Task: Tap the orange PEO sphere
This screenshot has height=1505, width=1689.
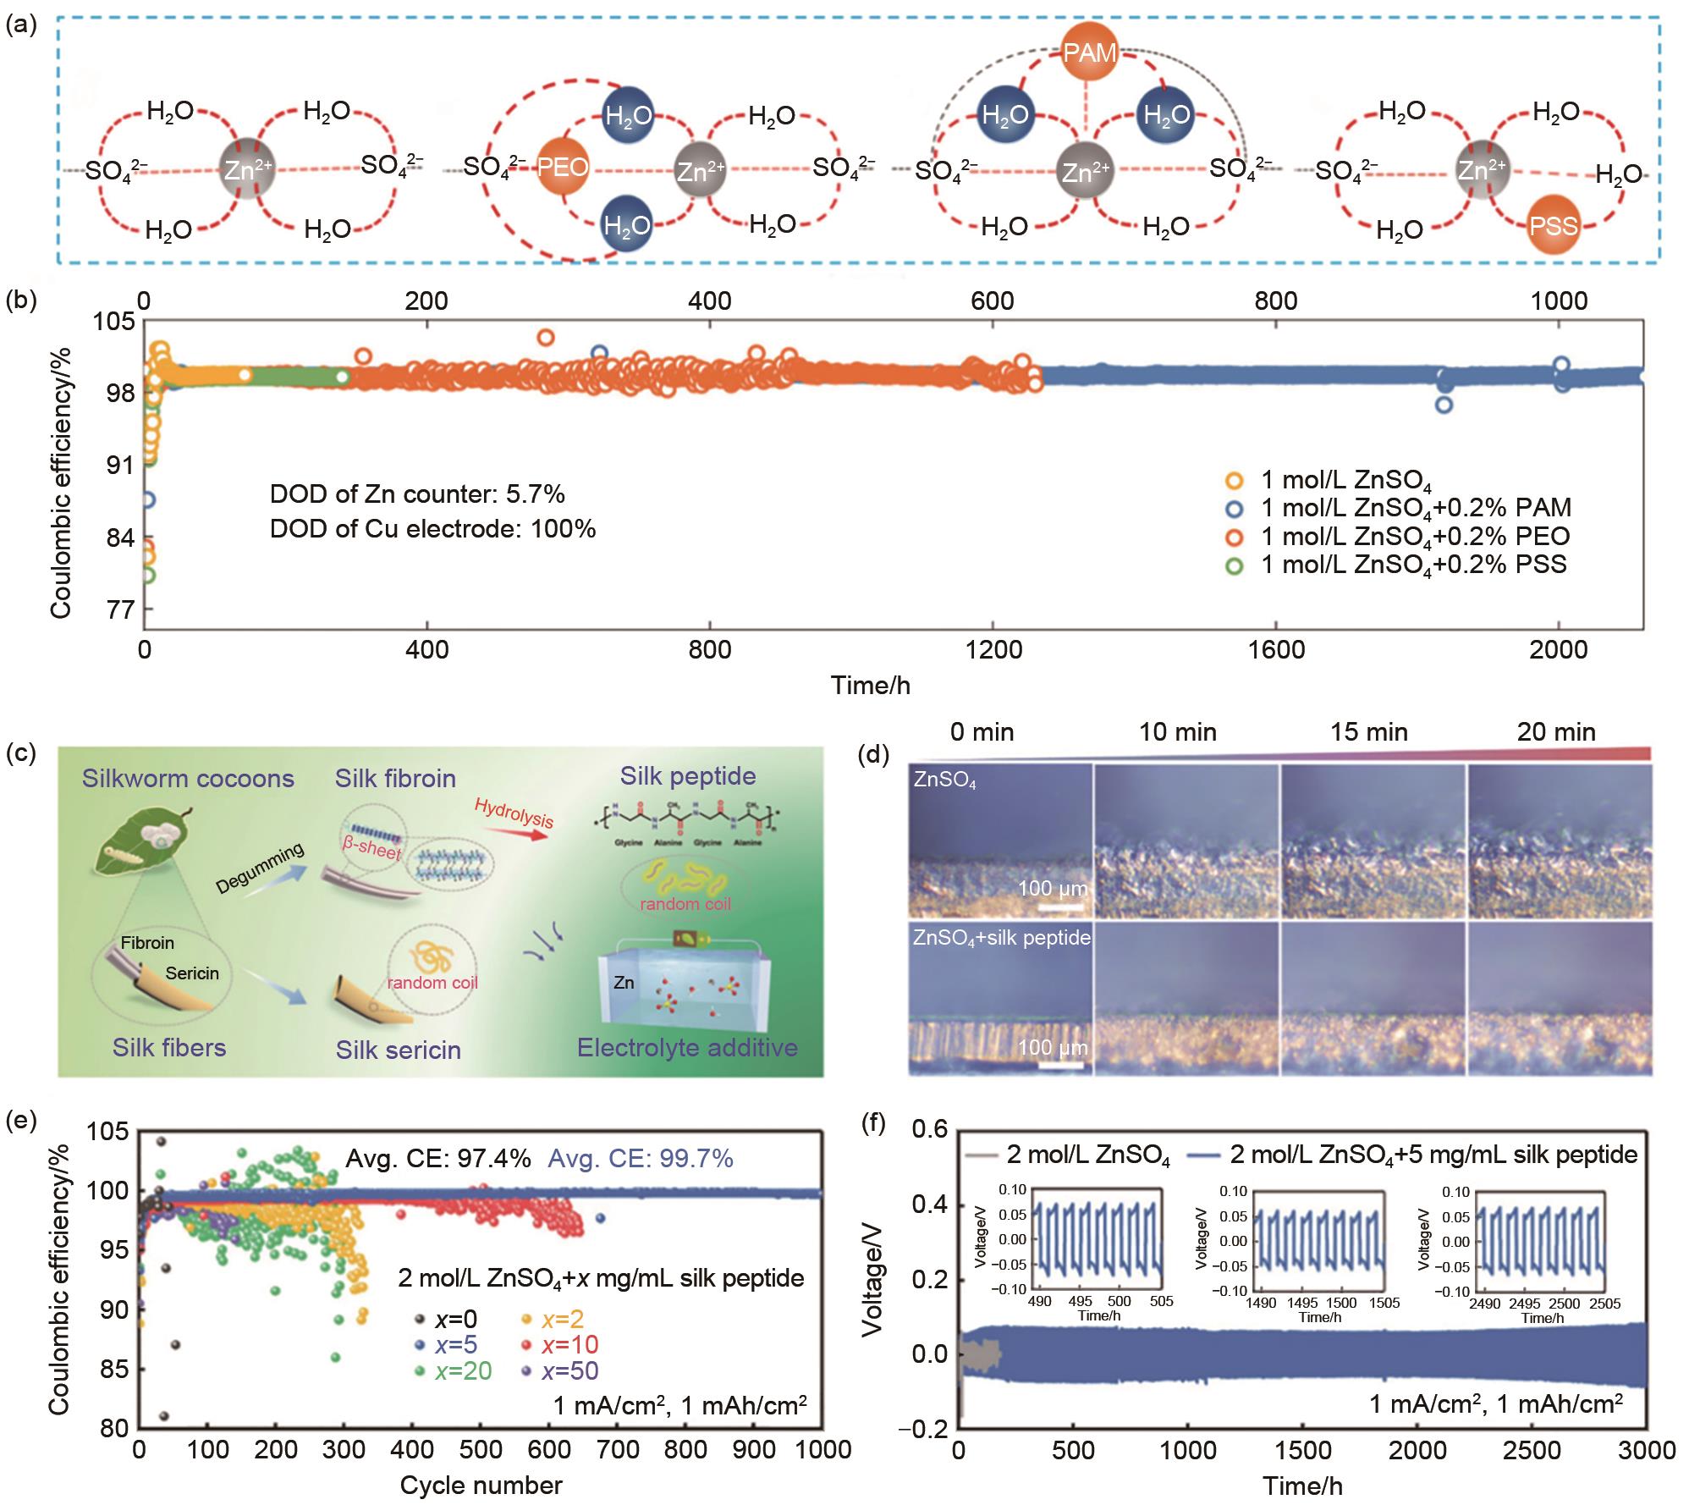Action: click(563, 167)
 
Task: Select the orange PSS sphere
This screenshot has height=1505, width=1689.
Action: click(1554, 227)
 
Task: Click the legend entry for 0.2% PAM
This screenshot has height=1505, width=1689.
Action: click(1415, 508)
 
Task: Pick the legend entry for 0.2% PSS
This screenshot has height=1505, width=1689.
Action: click(1413, 565)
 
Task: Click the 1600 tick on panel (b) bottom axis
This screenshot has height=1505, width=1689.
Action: click(1276, 650)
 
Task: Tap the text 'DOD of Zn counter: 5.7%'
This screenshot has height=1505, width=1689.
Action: click(417, 494)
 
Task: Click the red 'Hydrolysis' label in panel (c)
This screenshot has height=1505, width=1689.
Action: click(514, 813)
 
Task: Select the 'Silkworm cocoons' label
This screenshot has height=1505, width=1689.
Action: click(188, 779)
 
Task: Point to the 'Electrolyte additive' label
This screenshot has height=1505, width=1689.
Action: click(687, 1048)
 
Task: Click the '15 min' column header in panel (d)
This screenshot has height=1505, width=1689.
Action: click(1368, 732)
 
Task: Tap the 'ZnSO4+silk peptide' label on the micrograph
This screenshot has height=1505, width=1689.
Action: click(1001, 938)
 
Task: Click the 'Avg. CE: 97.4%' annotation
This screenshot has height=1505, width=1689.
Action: click(438, 1158)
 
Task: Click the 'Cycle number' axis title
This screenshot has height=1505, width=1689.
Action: click(481, 1486)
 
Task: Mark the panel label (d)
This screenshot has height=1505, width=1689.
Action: click(874, 754)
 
